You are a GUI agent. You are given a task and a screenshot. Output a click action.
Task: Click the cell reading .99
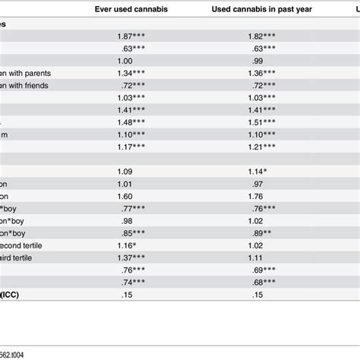point(258,61)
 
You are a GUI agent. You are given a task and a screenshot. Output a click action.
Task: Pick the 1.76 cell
point(258,195)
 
